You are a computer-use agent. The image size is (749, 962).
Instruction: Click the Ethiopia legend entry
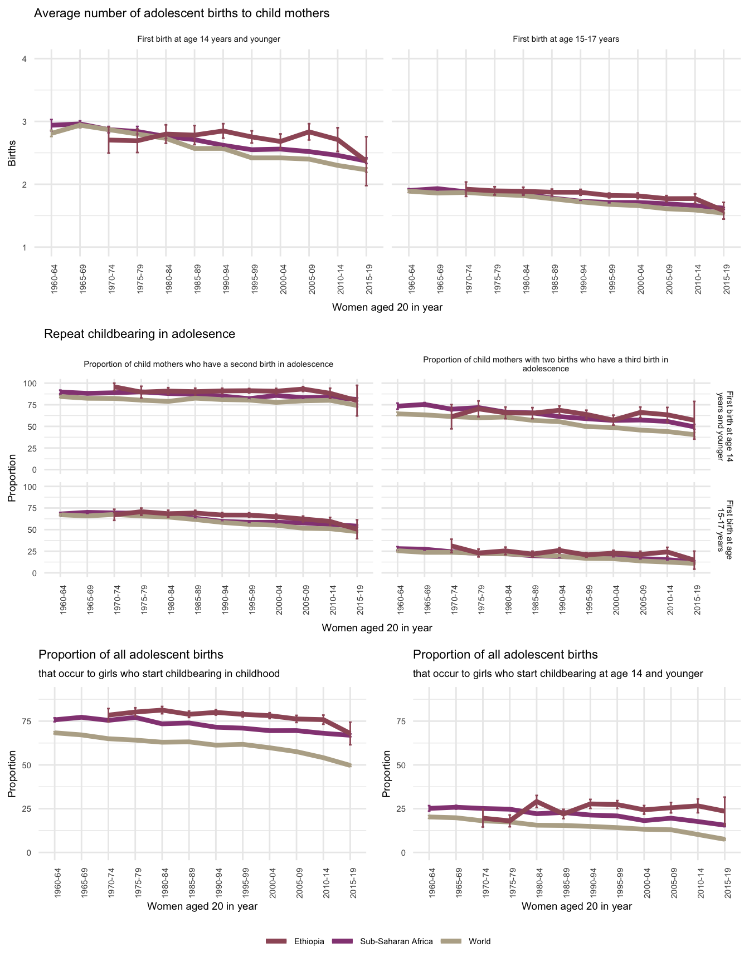point(309,941)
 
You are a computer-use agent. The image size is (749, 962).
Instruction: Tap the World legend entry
point(479,941)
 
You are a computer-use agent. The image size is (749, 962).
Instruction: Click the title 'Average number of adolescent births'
point(182,13)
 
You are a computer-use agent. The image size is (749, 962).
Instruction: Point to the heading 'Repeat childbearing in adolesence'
point(139,334)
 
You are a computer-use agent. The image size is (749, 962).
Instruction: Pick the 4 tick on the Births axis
point(24,59)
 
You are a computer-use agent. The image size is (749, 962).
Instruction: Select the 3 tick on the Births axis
point(24,122)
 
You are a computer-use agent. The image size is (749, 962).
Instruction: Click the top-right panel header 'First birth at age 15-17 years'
point(566,39)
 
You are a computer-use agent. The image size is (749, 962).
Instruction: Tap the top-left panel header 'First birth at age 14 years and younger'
point(208,39)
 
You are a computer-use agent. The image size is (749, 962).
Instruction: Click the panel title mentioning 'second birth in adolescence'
point(208,364)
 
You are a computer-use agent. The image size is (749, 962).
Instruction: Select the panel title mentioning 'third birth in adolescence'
point(546,364)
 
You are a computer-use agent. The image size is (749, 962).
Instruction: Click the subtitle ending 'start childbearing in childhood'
point(159,674)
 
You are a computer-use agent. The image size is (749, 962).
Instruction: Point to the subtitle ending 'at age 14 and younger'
point(558,674)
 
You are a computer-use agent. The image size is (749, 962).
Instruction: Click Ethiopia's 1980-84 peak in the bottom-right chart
point(536,801)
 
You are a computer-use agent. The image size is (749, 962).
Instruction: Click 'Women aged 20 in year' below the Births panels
point(387,307)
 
